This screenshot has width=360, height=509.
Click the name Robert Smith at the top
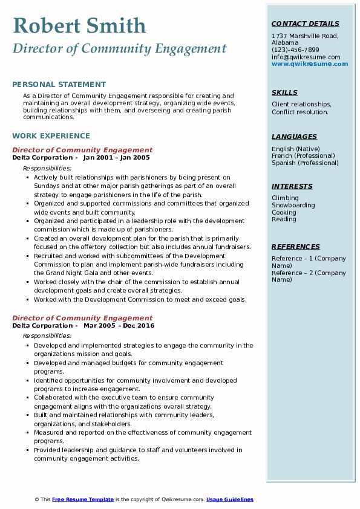79,25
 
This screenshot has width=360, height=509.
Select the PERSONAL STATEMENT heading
59,85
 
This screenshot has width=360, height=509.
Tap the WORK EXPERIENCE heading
51,136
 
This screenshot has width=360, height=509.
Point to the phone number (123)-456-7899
295,50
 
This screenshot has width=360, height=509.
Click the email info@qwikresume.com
306,57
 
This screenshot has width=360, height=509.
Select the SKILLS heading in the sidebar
284,92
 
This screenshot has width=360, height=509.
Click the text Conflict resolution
300,112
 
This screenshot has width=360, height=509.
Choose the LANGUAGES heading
294,137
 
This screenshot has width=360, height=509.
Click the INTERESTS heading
292,186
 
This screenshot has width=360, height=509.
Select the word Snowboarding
293,205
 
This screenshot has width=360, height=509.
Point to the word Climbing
285,198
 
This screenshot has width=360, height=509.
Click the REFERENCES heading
296,247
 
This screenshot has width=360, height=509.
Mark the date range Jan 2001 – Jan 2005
116,157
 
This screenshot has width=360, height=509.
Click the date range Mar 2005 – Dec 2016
119,325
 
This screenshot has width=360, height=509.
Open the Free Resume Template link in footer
83,499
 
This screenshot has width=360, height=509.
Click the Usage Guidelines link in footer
230,499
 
